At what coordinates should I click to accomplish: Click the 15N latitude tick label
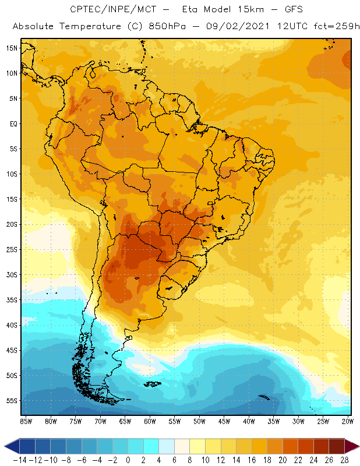tap(10, 48)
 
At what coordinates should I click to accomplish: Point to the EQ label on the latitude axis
tap(12, 123)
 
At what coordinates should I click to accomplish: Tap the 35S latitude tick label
tap(10, 300)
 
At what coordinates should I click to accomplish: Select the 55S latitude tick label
tap(10, 401)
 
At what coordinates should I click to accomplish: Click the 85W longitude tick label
tap(26, 421)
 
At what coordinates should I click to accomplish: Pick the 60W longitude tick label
tap(150, 421)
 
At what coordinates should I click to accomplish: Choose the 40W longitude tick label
tap(250, 421)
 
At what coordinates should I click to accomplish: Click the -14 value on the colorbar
tap(20, 460)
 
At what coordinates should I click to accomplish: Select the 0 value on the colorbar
tap(128, 460)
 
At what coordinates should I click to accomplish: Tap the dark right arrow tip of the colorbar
tap(354, 446)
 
